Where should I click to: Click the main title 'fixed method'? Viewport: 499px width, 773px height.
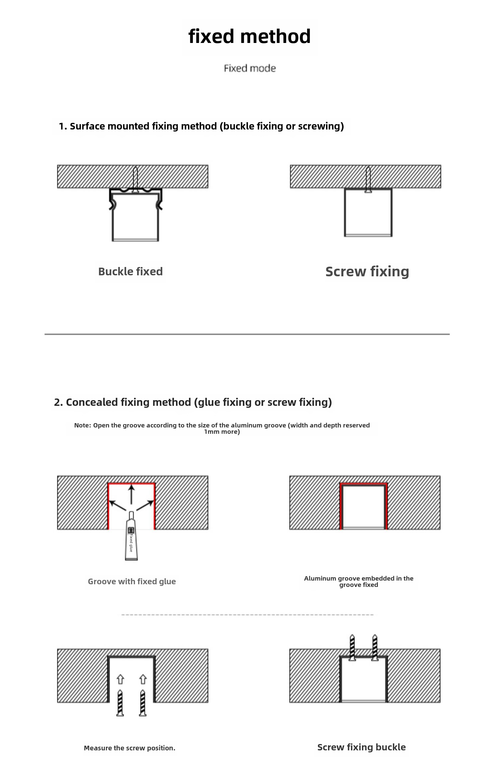pyautogui.click(x=249, y=36)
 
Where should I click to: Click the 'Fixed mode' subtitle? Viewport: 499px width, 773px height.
pyautogui.click(x=249, y=68)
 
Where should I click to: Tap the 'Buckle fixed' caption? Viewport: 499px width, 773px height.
pyautogui.click(x=130, y=272)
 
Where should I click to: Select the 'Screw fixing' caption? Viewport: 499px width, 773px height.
pyautogui.click(x=367, y=272)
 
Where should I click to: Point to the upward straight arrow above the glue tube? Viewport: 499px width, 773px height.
pyautogui.click(x=132, y=494)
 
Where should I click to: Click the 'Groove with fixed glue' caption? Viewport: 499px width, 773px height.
pyautogui.click(x=132, y=581)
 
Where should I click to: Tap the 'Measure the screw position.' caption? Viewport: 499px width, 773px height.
pyautogui.click(x=129, y=748)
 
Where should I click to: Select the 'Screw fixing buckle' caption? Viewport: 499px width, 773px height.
pyautogui.click(x=361, y=747)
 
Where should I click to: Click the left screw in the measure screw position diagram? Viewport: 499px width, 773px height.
pyautogui.click(x=120, y=703)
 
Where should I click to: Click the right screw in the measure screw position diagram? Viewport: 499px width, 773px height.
pyautogui.click(x=143, y=703)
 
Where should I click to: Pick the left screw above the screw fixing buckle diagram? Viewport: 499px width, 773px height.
pyautogui.click(x=352, y=647)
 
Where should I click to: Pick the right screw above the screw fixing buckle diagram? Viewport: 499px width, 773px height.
pyautogui.click(x=375, y=647)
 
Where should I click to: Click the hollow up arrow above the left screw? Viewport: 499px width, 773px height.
pyautogui.click(x=120, y=679)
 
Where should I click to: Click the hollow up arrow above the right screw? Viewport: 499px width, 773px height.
pyautogui.click(x=143, y=679)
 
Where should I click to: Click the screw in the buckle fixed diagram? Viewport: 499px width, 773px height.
pyautogui.click(x=135, y=180)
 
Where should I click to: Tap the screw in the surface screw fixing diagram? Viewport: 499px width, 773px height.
pyautogui.click(x=368, y=180)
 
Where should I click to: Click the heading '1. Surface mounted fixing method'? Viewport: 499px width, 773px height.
pyautogui.click(x=201, y=126)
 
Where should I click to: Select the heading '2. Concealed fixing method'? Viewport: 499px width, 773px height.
pyautogui.click(x=193, y=402)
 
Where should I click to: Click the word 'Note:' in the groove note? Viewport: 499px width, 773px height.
pyautogui.click(x=82, y=425)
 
